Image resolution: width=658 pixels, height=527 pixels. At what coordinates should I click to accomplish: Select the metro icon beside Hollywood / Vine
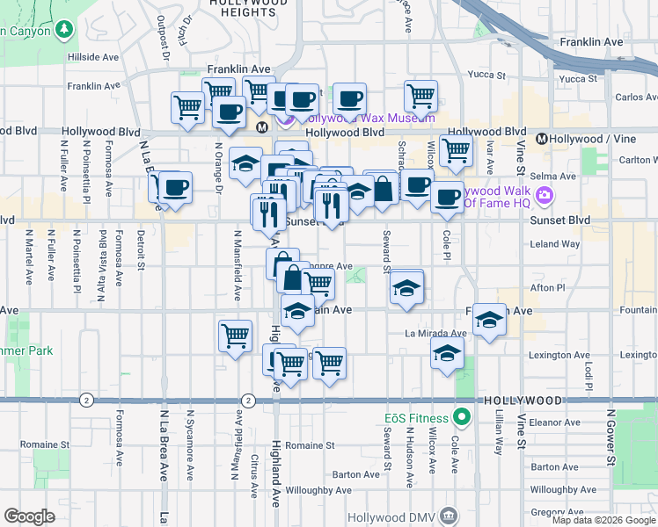coord(542,139)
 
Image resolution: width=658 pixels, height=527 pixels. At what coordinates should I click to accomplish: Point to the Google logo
coord(29,516)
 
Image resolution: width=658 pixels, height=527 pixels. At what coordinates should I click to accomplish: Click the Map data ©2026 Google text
coord(603,520)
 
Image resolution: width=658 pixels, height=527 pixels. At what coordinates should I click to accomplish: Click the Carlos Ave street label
coord(635,97)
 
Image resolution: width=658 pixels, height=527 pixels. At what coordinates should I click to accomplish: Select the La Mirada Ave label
coord(435,334)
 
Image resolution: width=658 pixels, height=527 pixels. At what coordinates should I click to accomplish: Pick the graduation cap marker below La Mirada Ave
coord(448,355)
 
